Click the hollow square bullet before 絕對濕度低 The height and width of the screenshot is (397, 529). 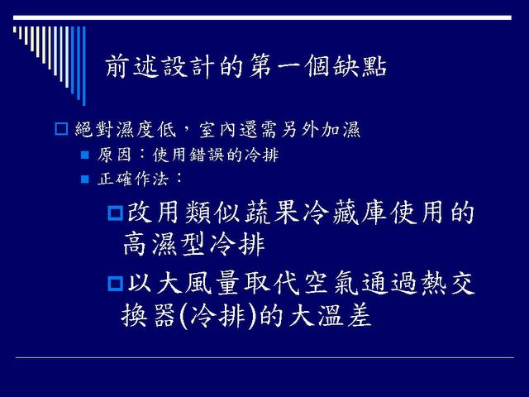point(61,129)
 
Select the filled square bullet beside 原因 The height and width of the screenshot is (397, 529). point(85,155)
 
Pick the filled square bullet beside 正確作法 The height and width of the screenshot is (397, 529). point(85,179)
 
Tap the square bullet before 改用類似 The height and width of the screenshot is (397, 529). point(116,213)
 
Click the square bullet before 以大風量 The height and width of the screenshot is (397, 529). point(116,283)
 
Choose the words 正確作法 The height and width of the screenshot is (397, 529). point(132,179)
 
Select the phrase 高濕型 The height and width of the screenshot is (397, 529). point(164,244)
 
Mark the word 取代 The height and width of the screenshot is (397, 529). point(272,283)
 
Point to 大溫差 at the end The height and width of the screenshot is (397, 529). point(331,316)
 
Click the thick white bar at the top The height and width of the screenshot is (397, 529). point(262,17)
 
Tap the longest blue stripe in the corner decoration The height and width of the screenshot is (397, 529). point(84,66)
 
